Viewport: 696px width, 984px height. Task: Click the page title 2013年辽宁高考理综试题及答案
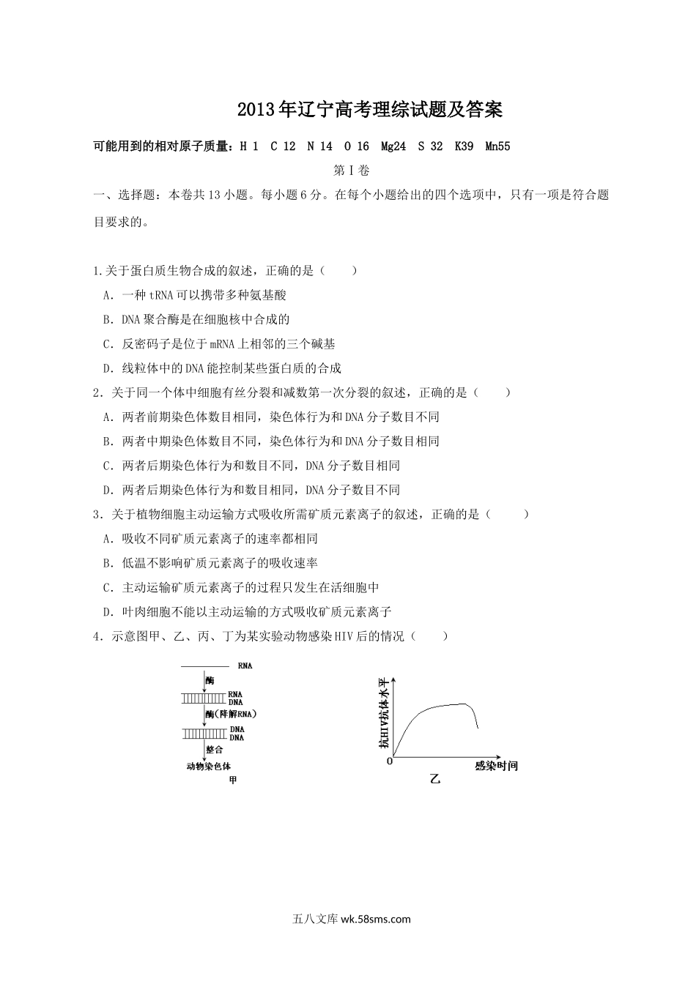(x=370, y=111)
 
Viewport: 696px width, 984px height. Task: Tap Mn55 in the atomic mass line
(x=497, y=146)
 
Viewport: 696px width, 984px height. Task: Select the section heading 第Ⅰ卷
(x=351, y=171)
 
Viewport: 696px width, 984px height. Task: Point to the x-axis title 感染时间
(x=496, y=766)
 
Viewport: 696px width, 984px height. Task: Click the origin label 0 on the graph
(x=390, y=762)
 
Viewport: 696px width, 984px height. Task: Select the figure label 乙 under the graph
(x=435, y=780)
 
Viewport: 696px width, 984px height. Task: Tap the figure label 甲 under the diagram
(x=233, y=780)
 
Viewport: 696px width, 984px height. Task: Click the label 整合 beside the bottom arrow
(x=215, y=750)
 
